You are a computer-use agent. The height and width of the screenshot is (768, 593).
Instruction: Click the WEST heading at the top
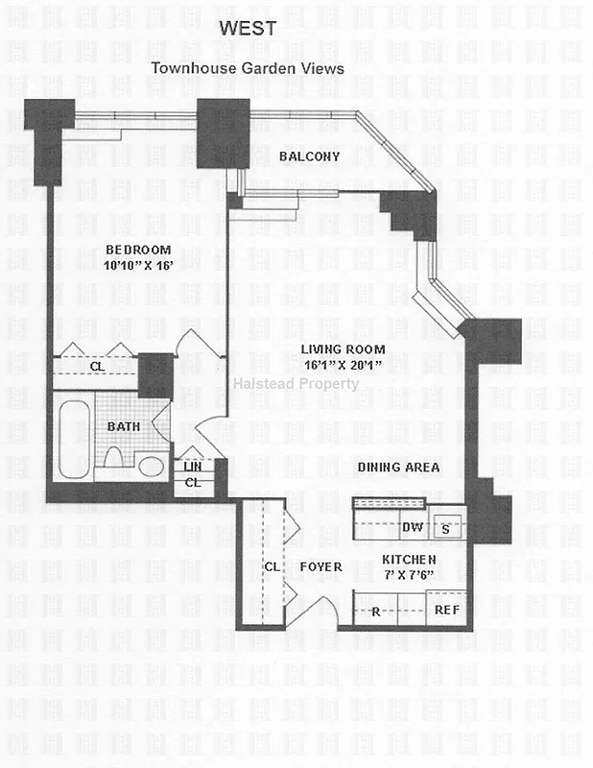(x=248, y=29)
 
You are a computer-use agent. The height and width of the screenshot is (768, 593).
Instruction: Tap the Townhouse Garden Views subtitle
(x=247, y=68)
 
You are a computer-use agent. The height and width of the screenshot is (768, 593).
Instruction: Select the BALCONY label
(x=309, y=156)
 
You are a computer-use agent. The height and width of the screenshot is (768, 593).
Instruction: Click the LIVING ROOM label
(x=342, y=349)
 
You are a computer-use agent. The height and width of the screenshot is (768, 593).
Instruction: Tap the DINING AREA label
(x=398, y=468)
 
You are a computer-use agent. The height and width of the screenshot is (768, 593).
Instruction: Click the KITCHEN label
(x=410, y=560)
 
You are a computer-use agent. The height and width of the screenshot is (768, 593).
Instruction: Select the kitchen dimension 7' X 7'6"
(x=410, y=574)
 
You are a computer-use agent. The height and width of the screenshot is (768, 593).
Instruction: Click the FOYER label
(x=320, y=567)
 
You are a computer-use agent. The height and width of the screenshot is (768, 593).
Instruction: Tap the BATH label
(x=124, y=425)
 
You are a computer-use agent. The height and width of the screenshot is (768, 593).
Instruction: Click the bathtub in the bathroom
(x=74, y=440)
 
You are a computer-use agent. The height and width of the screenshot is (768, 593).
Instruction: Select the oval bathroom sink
(x=151, y=467)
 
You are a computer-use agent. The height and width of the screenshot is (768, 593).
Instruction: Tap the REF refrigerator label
(x=447, y=610)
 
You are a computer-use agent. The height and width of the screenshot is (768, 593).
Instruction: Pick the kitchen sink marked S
(x=445, y=528)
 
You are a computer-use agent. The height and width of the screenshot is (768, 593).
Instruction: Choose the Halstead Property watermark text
(x=296, y=384)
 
